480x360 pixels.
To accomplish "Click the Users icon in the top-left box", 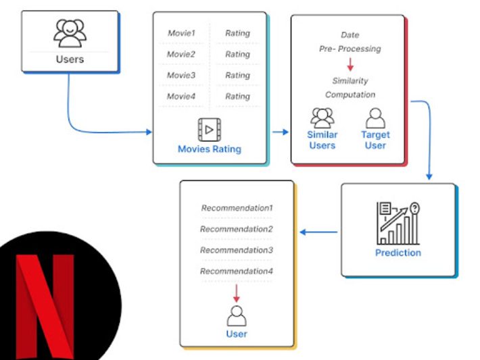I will (x=70, y=32).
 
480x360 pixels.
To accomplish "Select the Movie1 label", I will (x=181, y=33).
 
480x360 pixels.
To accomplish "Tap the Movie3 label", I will (x=181, y=75).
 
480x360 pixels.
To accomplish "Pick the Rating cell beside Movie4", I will (x=237, y=97).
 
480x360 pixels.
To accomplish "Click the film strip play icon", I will (x=210, y=129).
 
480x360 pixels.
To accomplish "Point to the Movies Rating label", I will (x=210, y=149).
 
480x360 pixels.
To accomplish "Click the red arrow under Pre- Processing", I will (x=350, y=65).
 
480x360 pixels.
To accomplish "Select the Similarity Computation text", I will (x=350, y=88).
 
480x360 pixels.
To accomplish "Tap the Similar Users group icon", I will (x=322, y=118).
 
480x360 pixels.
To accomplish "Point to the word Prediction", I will (x=398, y=253).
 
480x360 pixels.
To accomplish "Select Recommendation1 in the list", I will (x=237, y=208).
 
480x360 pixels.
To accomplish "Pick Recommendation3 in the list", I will (x=237, y=250).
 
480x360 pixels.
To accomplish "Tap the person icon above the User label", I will (x=237, y=315).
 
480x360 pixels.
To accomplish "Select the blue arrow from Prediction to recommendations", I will (x=318, y=232).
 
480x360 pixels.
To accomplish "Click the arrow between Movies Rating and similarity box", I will (x=280, y=132).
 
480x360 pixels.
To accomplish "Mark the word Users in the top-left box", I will (x=70, y=59).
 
